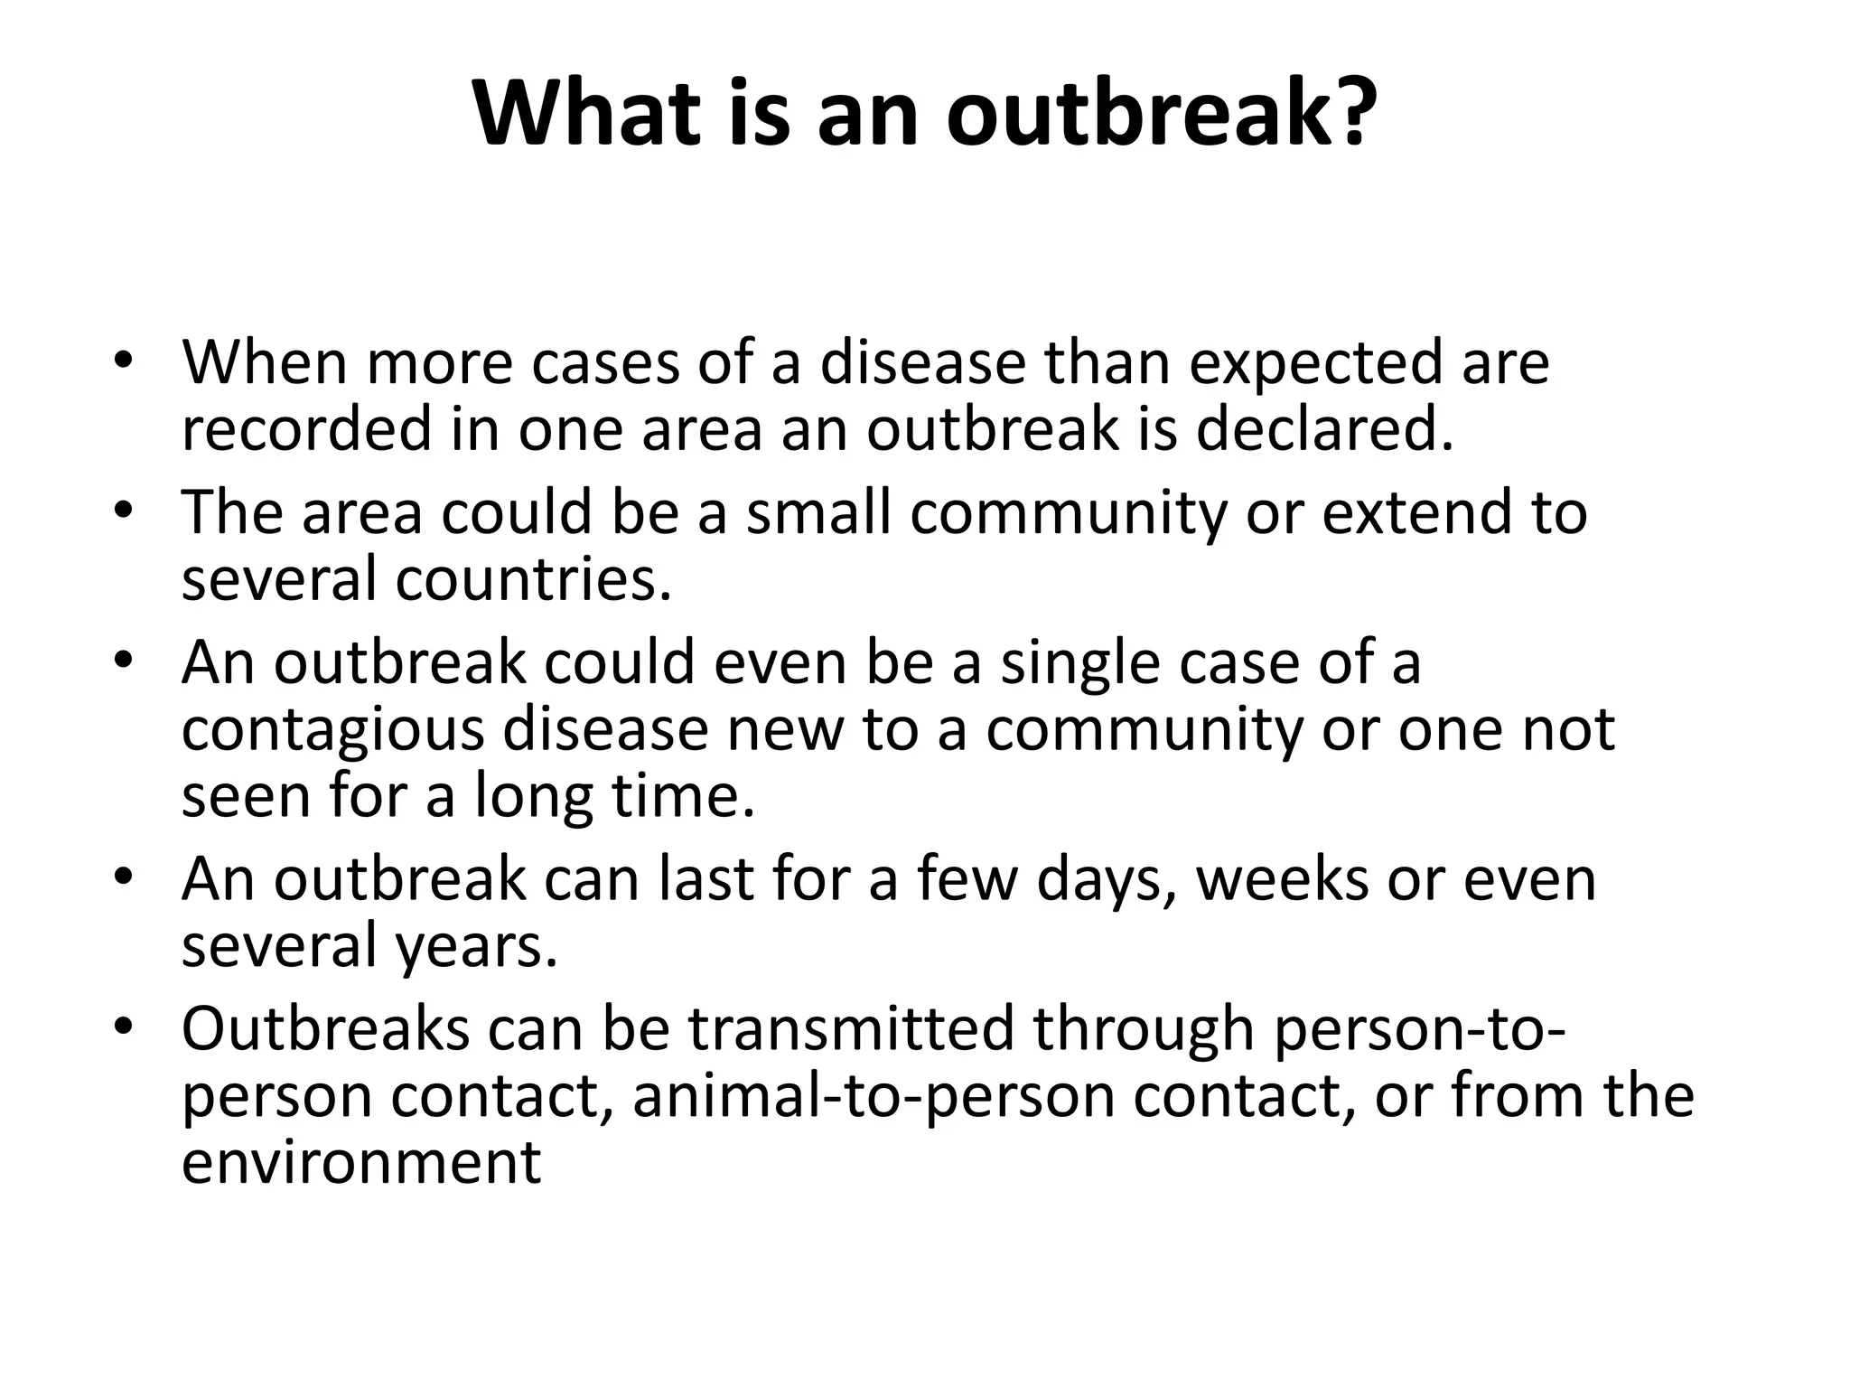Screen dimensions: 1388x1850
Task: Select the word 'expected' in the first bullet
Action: tap(1313, 364)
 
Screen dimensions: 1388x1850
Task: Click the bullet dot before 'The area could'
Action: tap(124, 510)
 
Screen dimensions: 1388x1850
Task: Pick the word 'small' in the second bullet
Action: tap(819, 512)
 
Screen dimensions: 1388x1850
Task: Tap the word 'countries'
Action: tap(533, 579)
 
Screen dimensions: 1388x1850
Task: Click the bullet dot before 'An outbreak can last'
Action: tap(124, 877)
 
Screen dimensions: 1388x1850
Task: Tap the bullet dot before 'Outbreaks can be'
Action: tap(124, 1027)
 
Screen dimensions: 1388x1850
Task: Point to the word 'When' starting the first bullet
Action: tap(265, 364)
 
